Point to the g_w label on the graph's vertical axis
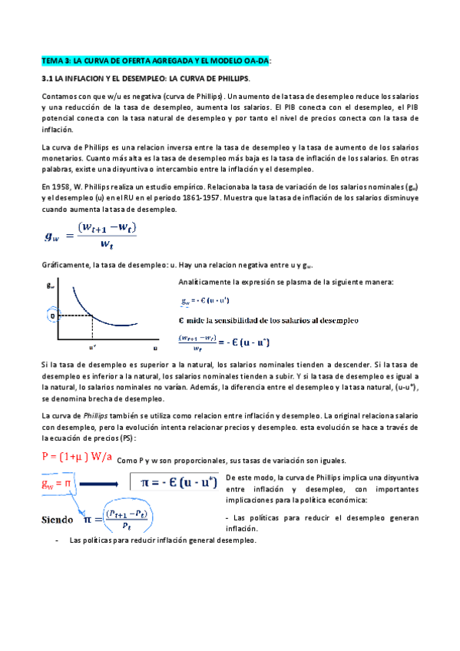[51, 286]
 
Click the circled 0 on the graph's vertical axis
[52, 315]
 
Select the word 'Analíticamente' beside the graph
[204, 283]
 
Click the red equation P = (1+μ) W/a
[76, 458]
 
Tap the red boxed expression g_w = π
[57, 484]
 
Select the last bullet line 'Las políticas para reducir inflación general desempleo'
[162, 540]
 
